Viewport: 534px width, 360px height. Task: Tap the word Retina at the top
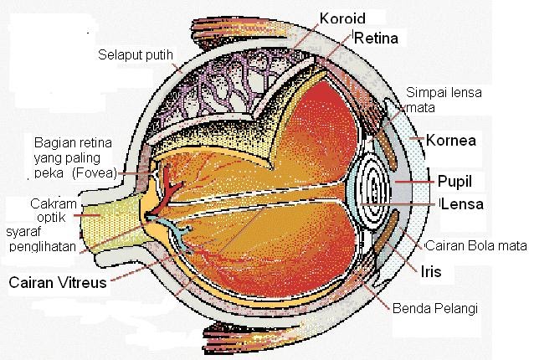(378, 39)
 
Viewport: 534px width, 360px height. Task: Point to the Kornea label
(452, 140)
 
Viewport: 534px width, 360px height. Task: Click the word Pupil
(458, 179)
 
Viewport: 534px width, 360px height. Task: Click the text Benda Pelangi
(434, 308)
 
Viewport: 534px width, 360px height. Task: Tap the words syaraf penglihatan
(42, 239)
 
